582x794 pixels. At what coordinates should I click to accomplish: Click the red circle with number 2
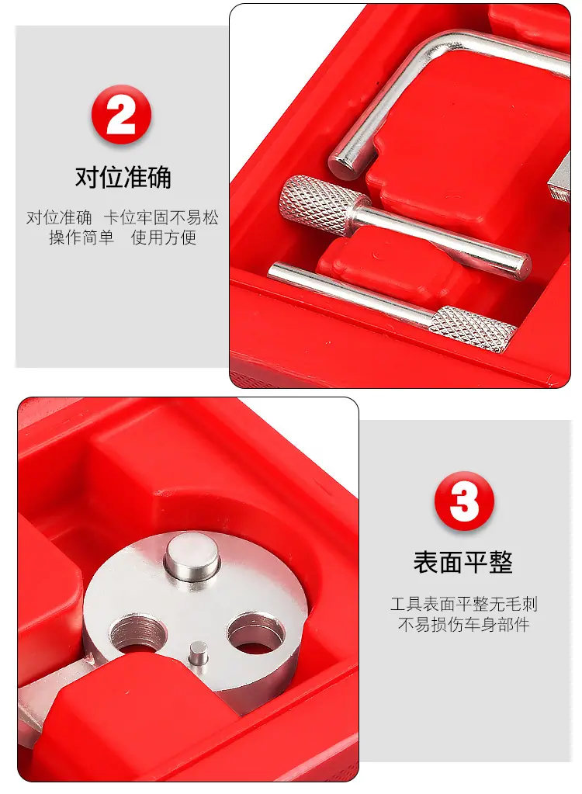point(122,115)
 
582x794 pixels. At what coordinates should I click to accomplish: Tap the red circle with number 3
point(464,501)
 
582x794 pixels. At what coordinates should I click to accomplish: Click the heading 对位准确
point(123,177)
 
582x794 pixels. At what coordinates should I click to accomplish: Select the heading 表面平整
point(463,562)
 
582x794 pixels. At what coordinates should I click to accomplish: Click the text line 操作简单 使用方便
point(123,238)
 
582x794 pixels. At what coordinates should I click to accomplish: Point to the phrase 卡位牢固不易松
point(161,218)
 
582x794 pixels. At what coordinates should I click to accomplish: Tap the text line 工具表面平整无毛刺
point(463,604)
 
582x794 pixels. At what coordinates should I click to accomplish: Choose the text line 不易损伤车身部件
point(463,624)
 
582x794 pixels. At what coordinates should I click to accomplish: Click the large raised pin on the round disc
point(192,559)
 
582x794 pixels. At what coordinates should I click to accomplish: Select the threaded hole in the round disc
point(138,634)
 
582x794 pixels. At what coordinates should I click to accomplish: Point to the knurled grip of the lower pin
point(473,328)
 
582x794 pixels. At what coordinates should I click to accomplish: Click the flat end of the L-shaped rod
point(343,163)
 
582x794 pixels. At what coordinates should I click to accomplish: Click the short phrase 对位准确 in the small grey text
point(59,218)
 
